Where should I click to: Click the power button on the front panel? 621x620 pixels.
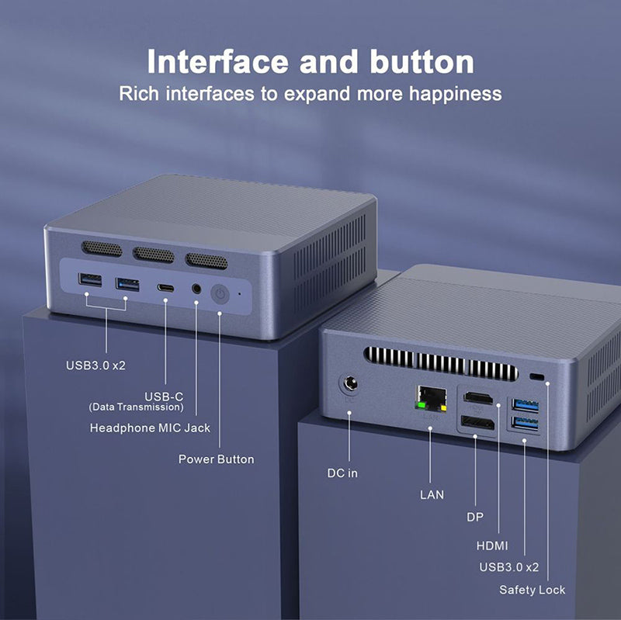pos(220,294)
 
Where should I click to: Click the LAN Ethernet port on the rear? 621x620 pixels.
pos(431,395)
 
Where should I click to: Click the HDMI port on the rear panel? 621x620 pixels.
pos(477,400)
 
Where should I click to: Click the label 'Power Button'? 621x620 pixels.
pos(216,459)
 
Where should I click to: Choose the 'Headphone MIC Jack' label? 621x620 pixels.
pos(150,428)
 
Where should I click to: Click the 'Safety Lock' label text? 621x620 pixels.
pos(533,590)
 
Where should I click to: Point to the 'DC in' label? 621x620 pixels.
pos(342,473)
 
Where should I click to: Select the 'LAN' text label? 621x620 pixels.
pos(432,494)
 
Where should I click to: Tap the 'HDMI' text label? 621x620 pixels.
pos(492,546)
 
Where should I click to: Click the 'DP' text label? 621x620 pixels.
pos(474,517)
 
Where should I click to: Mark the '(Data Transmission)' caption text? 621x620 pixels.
pos(137,407)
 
